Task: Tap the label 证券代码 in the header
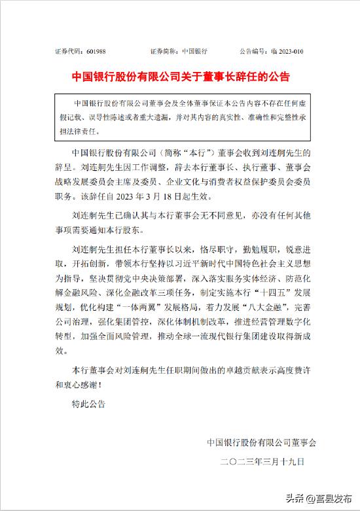point(69,51)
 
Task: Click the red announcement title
point(180,77)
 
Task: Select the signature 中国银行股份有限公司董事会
point(261,443)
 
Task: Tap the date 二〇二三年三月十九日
point(262,462)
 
